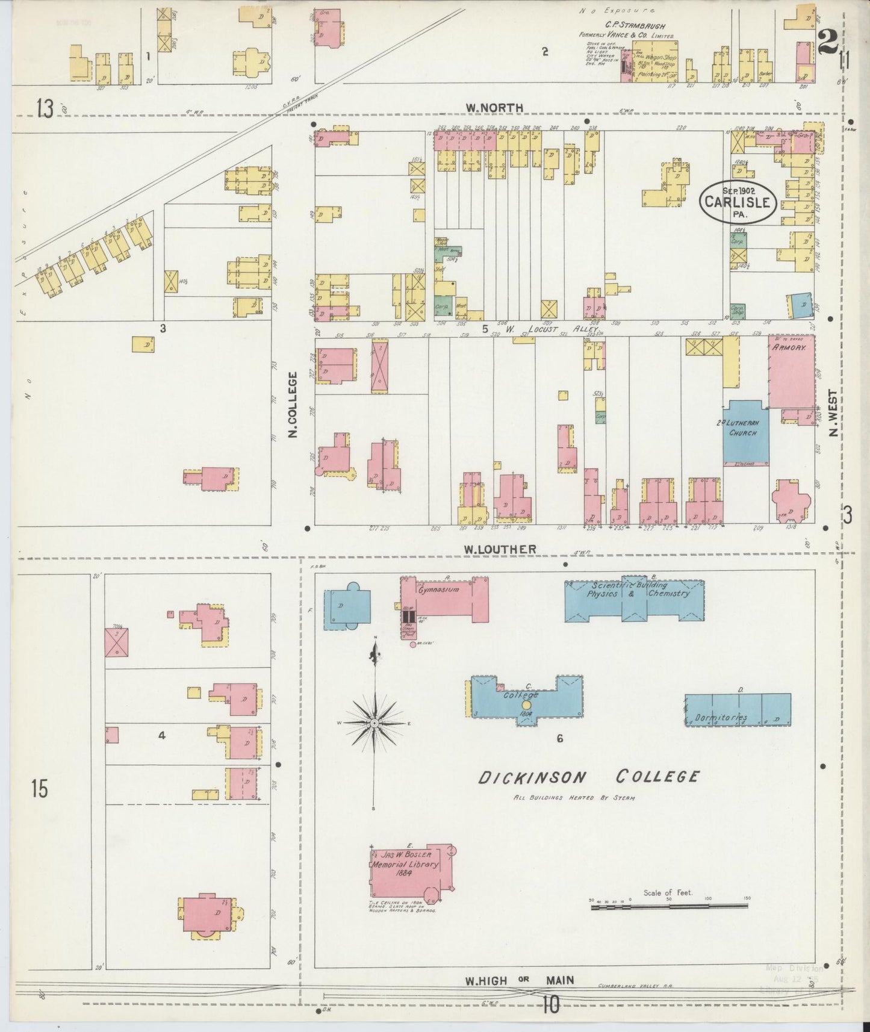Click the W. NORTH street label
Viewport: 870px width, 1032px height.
[x=494, y=108]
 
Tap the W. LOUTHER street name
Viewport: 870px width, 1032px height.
[x=499, y=549]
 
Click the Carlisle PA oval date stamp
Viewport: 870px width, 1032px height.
[x=738, y=202]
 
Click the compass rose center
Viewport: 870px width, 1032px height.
[x=374, y=722]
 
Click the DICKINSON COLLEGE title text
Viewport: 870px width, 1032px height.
[x=589, y=777]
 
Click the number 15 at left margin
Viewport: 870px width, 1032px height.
[x=39, y=789]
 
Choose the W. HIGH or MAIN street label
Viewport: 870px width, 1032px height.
[x=518, y=980]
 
